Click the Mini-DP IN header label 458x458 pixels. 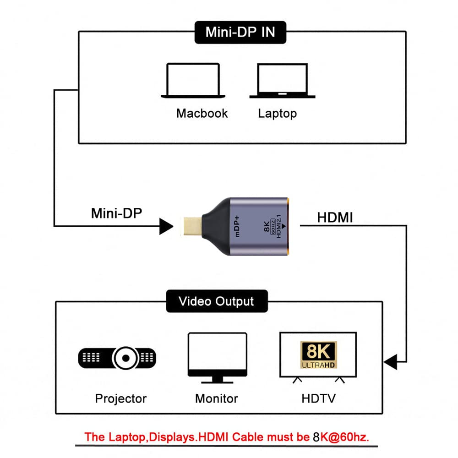point(241,32)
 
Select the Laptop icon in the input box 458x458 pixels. point(282,81)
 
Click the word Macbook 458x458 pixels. point(202,113)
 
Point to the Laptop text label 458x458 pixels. point(277,113)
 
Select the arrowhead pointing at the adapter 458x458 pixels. point(166,225)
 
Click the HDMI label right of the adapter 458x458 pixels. point(335,218)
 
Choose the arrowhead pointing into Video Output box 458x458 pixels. point(391,363)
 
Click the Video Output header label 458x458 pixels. point(216,301)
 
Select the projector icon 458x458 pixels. point(117,357)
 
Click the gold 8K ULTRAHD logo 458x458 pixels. point(318,354)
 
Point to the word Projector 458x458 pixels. point(121,398)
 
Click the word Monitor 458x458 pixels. point(217,398)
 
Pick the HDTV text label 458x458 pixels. point(318,398)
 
